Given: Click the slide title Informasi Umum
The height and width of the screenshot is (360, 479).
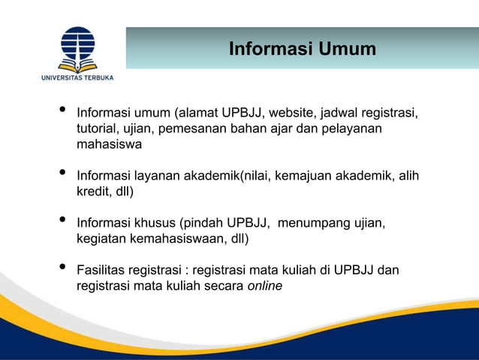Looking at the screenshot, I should (302, 50).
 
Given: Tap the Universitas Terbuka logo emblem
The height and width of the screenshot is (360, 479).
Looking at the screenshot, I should (77, 47).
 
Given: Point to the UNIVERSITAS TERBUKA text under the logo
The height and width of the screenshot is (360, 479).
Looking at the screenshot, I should (77, 76).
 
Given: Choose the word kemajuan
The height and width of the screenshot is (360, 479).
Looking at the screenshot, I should (306, 176).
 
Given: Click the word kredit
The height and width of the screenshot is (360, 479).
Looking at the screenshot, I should (92, 192).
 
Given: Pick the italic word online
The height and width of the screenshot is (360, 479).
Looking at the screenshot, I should (264, 286).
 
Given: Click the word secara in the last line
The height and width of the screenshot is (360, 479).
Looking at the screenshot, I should (224, 286).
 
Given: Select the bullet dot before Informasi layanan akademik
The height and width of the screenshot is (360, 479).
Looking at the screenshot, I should (62, 174).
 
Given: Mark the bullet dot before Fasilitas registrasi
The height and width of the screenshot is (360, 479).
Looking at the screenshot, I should (62, 268).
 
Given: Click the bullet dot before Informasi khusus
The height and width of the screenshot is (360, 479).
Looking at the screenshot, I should (62, 221).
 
